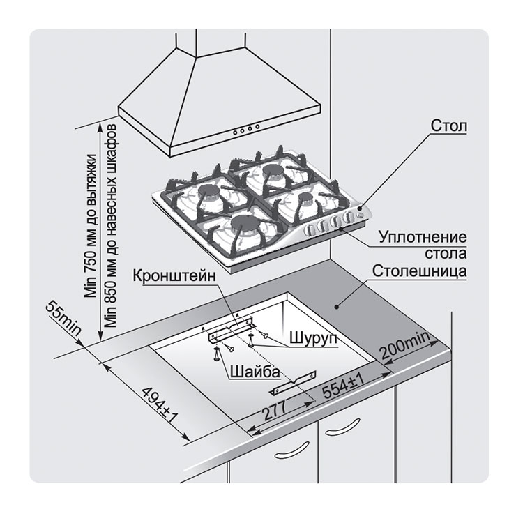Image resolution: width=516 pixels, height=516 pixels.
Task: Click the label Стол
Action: (448, 126)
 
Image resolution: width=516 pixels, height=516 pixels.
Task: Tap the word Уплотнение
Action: (423, 237)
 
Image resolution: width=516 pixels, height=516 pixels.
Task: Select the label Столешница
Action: (420, 271)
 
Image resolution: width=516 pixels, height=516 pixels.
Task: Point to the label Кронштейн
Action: (174, 276)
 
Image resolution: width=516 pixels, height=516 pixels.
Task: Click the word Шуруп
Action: (313, 338)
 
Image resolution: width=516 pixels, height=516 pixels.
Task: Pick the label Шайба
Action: (255, 372)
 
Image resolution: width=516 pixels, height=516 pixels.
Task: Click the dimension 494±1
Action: (159, 404)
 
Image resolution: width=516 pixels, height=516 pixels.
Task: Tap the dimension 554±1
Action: (342, 387)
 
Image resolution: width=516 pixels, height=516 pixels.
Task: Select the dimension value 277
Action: (274, 410)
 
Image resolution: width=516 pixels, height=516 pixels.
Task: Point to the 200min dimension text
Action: (405, 345)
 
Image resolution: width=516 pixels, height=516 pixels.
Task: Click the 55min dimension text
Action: (63, 318)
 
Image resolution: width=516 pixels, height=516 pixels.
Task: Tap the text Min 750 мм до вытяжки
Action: (91, 226)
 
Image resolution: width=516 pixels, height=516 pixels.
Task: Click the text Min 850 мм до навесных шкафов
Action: (111, 225)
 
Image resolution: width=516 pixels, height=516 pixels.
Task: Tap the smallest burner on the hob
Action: (306, 198)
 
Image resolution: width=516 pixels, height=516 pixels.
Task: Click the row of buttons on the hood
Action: (246, 129)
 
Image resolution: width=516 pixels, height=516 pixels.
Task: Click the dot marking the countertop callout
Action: (336, 307)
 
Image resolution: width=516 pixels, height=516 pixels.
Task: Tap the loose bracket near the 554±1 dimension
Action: (293, 383)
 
